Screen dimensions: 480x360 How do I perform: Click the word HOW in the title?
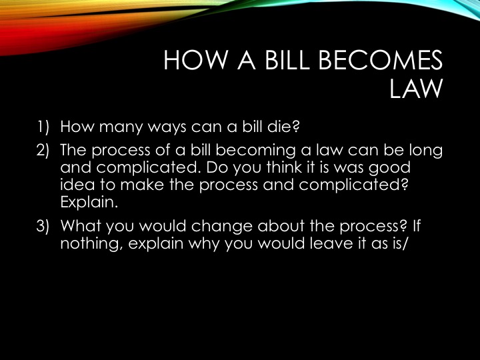(x=195, y=60)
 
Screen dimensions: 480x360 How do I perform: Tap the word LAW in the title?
(x=416, y=88)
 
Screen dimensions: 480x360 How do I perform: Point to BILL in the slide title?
(x=287, y=60)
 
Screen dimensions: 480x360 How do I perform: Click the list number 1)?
(x=43, y=127)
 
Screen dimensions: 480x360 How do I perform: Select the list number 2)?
(x=43, y=150)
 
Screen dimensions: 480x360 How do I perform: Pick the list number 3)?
(x=43, y=226)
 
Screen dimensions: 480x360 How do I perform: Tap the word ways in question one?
(x=167, y=127)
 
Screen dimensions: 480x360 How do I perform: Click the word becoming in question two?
(x=255, y=151)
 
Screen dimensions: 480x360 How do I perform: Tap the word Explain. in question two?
(x=89, y=203)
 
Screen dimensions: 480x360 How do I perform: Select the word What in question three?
(x=81, y=225)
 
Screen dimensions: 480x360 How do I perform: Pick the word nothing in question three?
(x=92, y=244)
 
